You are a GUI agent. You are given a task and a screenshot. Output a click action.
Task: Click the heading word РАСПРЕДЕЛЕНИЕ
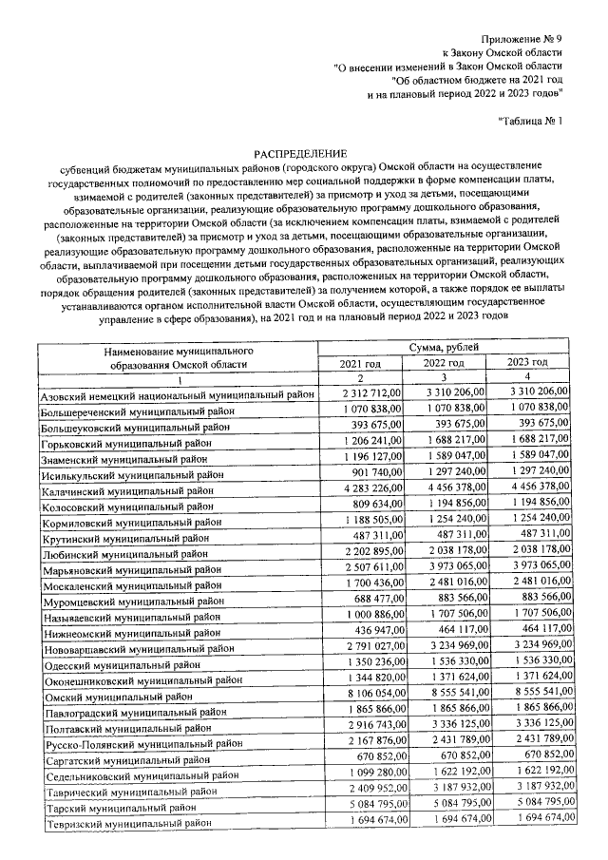coord(300,153)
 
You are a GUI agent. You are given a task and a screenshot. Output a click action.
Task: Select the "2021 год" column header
coord(361,363)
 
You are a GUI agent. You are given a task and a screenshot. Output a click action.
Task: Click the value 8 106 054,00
coord(371,696)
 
